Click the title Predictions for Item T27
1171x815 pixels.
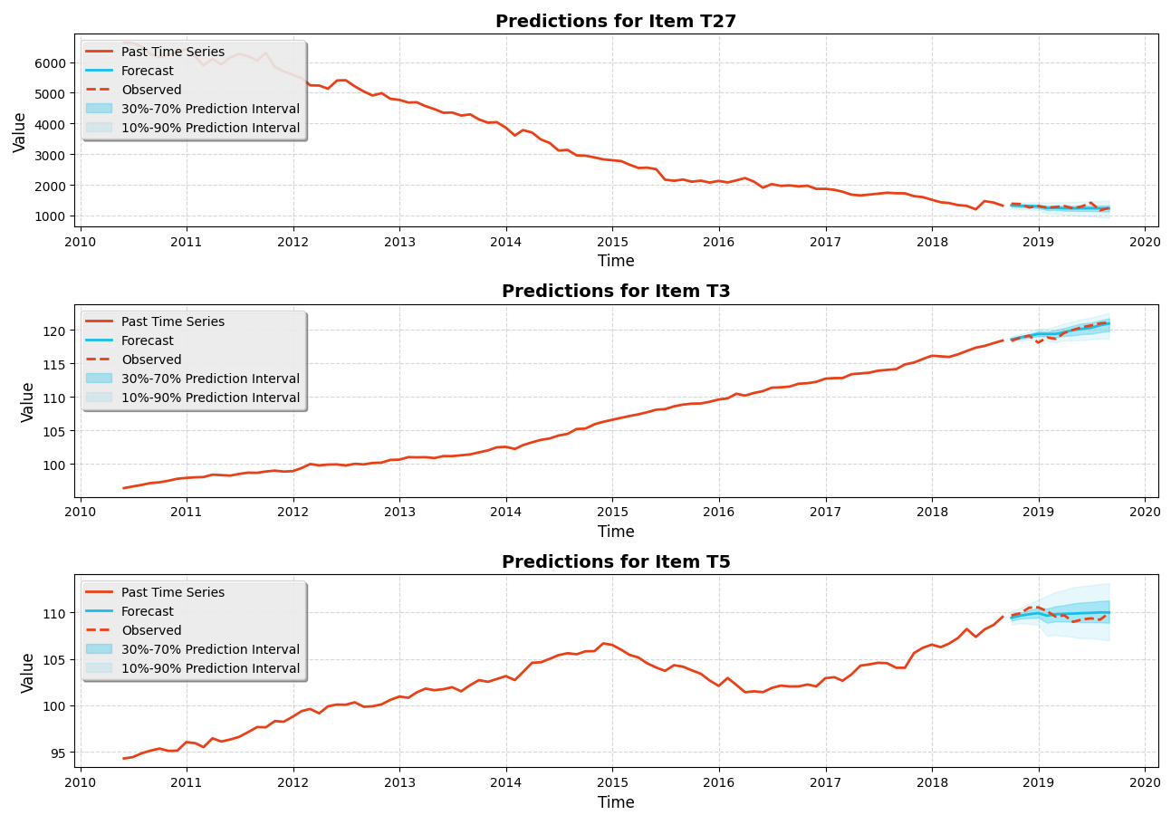click(616, 21)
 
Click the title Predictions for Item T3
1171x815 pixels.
click(616, 291)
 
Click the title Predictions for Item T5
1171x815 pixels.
click(616, 561)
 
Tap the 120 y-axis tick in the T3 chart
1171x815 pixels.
click(58, 331)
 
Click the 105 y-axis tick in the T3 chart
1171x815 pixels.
click(58, 431)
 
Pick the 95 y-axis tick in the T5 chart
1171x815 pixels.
click(61, 753)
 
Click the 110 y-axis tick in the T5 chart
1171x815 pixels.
click(58, 613)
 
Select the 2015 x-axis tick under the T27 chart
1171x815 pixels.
click(612, 242)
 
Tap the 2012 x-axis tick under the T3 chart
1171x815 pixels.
click(293, 513)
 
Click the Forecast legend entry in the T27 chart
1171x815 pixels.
click(147, 71)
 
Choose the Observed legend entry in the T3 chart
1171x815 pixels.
click(151, 360)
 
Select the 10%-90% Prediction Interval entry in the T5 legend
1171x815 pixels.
click(210, 668)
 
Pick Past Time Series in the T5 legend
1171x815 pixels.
click(172, 592)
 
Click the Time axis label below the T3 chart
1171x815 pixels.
click(616, 532)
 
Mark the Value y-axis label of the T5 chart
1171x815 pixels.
click(28, 672)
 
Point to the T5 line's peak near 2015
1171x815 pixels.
click(603, 643)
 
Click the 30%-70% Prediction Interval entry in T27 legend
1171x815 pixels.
click(210, 109)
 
